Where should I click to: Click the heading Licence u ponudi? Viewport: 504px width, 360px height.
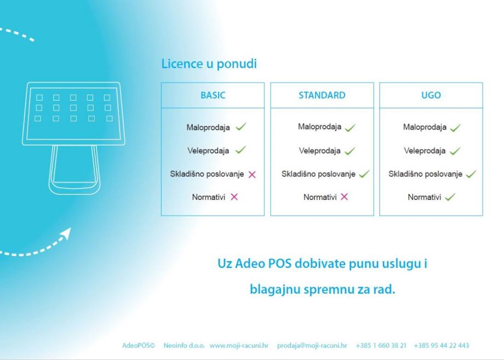[x=209, y=64]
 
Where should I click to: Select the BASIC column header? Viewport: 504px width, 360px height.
[x=213, y=95]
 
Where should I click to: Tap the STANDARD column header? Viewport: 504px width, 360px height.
[x=322, y=95]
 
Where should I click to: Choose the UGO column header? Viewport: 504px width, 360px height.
[x=431, y=95]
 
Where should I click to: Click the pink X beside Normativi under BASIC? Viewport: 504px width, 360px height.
[x=234, y=197]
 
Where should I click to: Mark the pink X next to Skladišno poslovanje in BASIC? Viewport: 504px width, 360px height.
[x=252, y=175]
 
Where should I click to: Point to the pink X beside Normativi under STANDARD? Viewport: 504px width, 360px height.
[x=344, y=196]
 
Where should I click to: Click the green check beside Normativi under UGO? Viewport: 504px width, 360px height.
[x=450, y=197]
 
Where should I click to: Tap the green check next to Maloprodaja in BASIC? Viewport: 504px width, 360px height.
[x=240, y=127]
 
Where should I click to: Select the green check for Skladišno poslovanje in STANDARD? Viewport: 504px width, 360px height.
[x=364, y=174]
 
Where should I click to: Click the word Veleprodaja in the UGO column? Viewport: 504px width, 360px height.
[x=425, y=151]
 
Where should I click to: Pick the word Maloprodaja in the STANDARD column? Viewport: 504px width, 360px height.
[x=319, y=127]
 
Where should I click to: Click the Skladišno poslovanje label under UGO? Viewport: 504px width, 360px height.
[x=425, y=174]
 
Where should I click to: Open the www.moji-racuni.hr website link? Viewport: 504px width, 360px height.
[x=239, y=346]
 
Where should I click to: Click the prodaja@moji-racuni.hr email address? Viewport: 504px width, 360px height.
[x=312, y=346]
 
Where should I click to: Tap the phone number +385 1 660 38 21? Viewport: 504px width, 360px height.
[x=381, y=346]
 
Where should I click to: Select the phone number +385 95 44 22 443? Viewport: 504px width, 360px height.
[x=442, y=346]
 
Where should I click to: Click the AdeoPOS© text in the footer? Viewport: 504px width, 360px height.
[x=138, y=346]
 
